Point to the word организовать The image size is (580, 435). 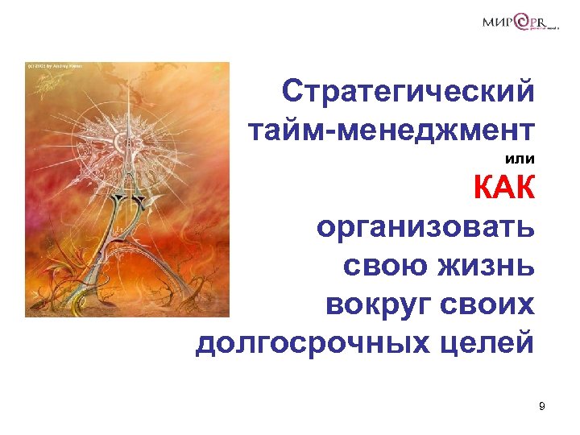[425, 229]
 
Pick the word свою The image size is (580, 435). [383, 267]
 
